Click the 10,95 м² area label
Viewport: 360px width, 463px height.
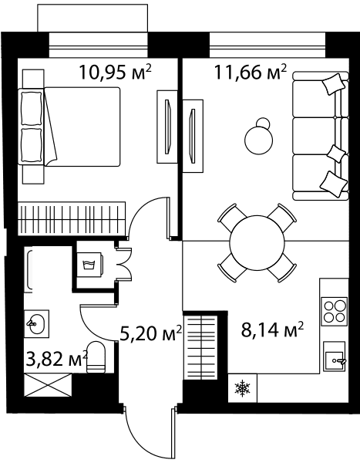pyautogui.click(x=116, y=72)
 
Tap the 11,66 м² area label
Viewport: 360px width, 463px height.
pyautogui.click(x=251, y=72)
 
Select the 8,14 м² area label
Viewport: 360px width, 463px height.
pyautogui.click(x=272, y=330)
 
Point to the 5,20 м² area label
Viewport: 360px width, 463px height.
pyautogui.click(x=151, y=334)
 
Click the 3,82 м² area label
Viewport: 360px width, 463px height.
pyautogui.click(x=57, y=359)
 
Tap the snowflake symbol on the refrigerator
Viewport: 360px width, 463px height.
pyautogui.click(x=242, y=388)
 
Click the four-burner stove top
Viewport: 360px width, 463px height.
pyautogui.click(x=335, y=311)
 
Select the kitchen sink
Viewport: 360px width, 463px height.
pyautogui.click(x=335, y=357)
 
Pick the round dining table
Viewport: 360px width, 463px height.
pyautogui.click(x=257, y=243)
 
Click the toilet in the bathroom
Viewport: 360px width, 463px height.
pyautogui.click(x=96, y=357)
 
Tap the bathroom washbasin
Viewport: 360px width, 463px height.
pyautogui.click(x=36, y=323)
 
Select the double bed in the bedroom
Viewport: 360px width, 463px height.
pyautogui.click(x=69, y=127)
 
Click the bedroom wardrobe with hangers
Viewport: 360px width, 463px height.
pyautogui.click(x=72, y=219)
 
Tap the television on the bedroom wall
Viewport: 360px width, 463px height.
pyautogui.click(x=167, y=127)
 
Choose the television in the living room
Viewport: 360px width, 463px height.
pyautogui.click(x=193, y=136)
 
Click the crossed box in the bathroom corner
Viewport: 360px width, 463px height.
pyautogui.click(x=48, y=385)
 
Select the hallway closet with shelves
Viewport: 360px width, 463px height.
pyautogui.click(x=200, y=347)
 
